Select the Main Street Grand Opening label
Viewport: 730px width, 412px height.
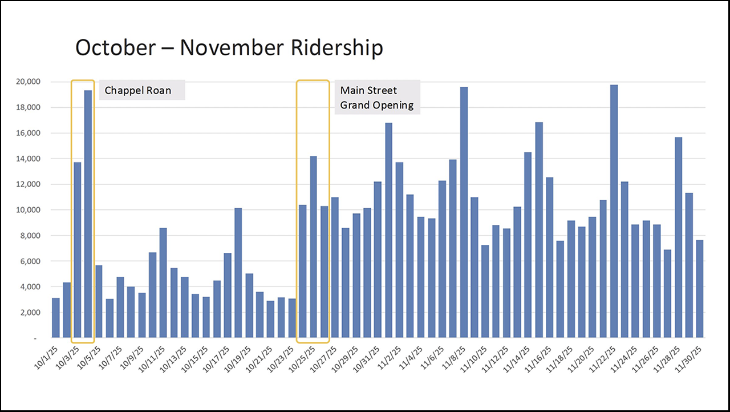pos(376,98)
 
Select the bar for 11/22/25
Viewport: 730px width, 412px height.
pos(614,211)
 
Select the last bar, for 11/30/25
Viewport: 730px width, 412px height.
pos(700,289)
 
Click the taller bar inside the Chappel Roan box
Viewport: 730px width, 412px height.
pos(88,214)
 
